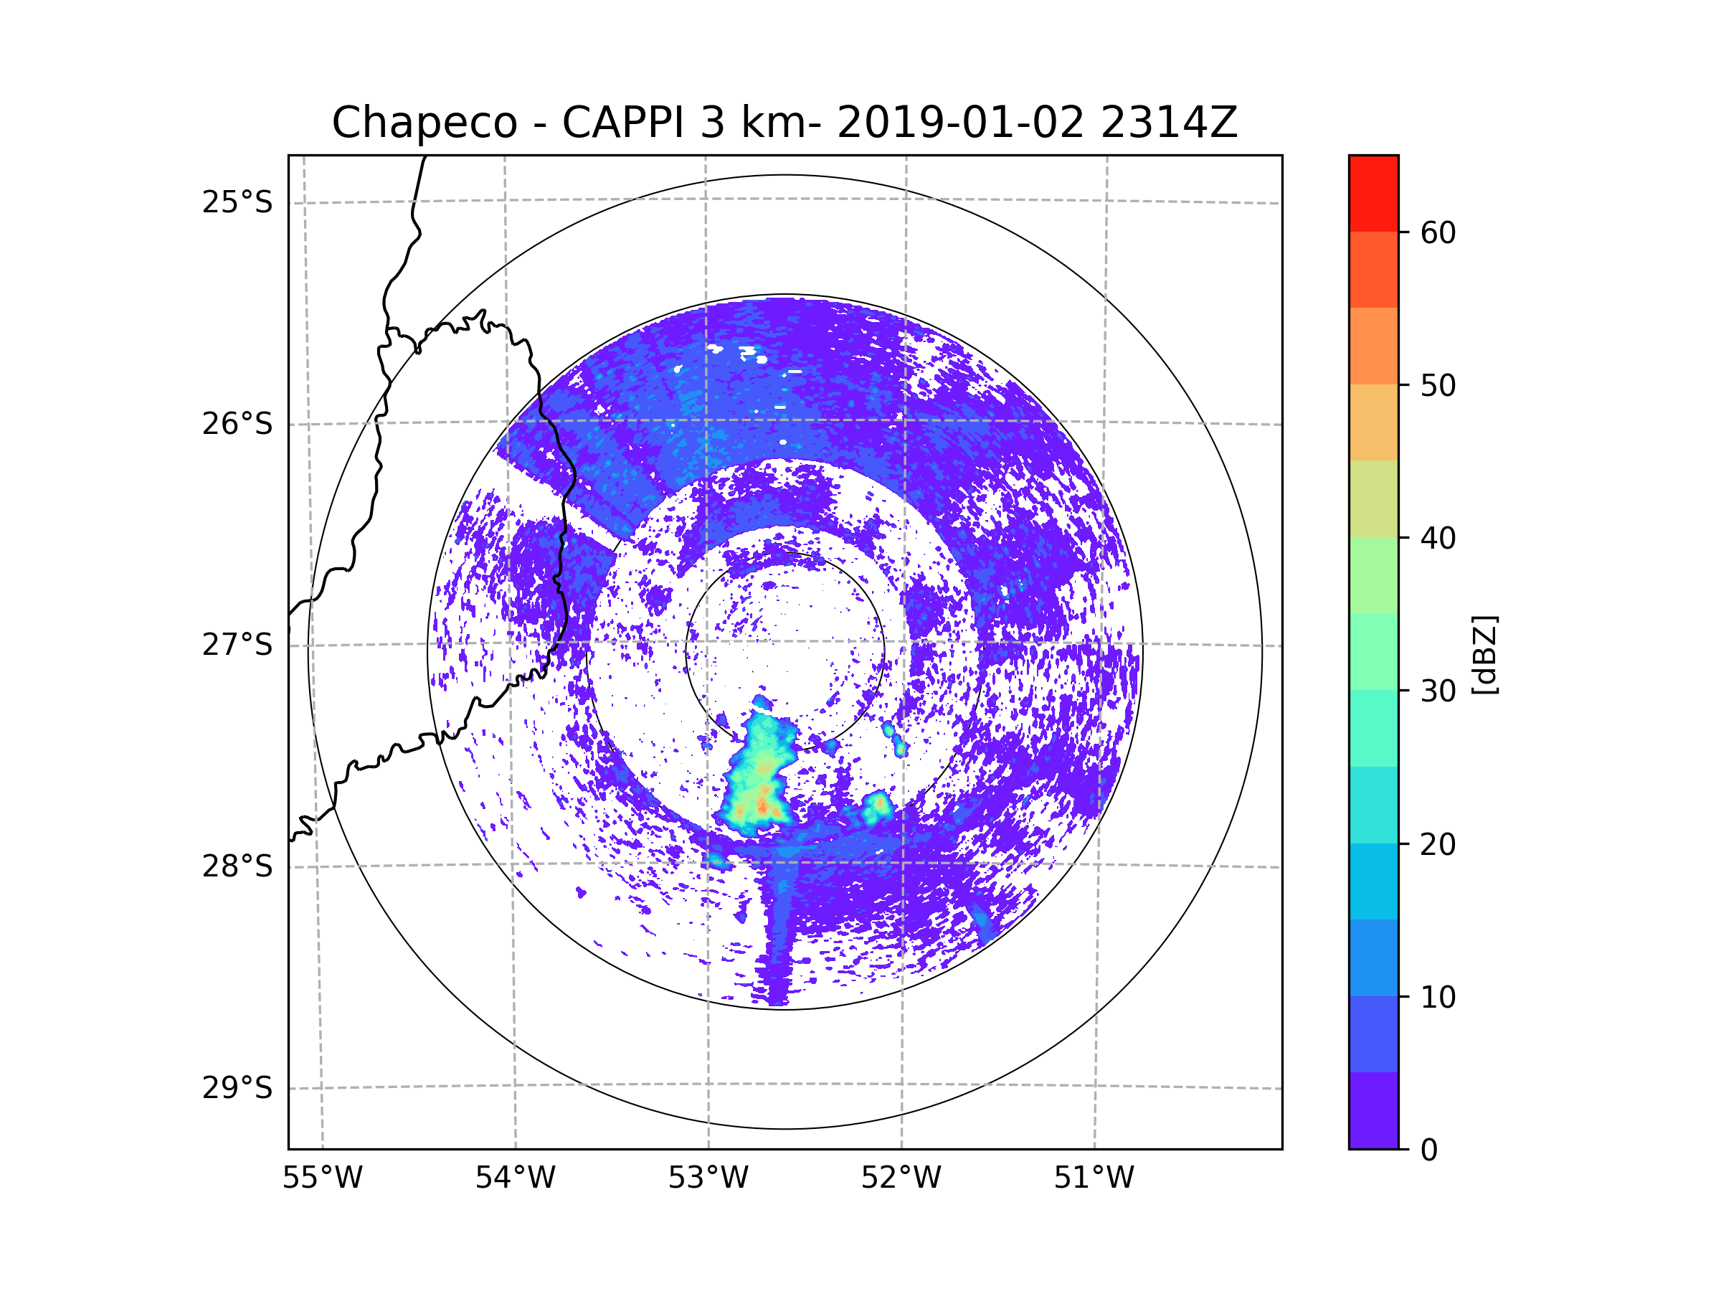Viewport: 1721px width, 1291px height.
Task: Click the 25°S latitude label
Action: (x=237, y=202)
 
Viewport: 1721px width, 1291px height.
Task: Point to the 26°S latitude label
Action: (x=237, y=424)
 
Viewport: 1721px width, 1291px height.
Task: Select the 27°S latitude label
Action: (x=237, y=645)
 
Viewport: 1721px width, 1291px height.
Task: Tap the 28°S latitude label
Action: (x=237, y=866)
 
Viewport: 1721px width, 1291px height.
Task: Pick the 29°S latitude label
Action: (x=237, y=1088)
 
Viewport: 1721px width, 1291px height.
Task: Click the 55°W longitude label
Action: (x=322, y=1178)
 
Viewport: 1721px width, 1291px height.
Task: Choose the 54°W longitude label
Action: (x=515, y=1178)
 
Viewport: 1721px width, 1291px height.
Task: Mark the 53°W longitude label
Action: (x=708, y=1178)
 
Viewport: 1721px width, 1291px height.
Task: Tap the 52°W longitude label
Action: (x=901, y=1178)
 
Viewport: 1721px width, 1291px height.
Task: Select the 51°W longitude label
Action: (x=1094, y=1178)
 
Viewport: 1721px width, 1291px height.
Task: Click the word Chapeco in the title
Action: (x=424, y=123)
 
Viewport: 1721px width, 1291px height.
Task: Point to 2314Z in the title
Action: (x=1168, y=123)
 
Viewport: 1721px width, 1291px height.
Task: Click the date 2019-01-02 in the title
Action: (x=960, y=123)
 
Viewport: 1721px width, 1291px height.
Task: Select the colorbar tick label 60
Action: (x=1438, y=232)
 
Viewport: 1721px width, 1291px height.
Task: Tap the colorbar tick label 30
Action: (x=1438, y=691)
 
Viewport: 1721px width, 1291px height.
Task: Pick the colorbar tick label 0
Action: (x=1429, y=1150)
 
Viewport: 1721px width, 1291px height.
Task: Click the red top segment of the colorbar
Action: (x=1373, y=193)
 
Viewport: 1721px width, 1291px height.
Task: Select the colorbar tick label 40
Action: (x=1438, y=539)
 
